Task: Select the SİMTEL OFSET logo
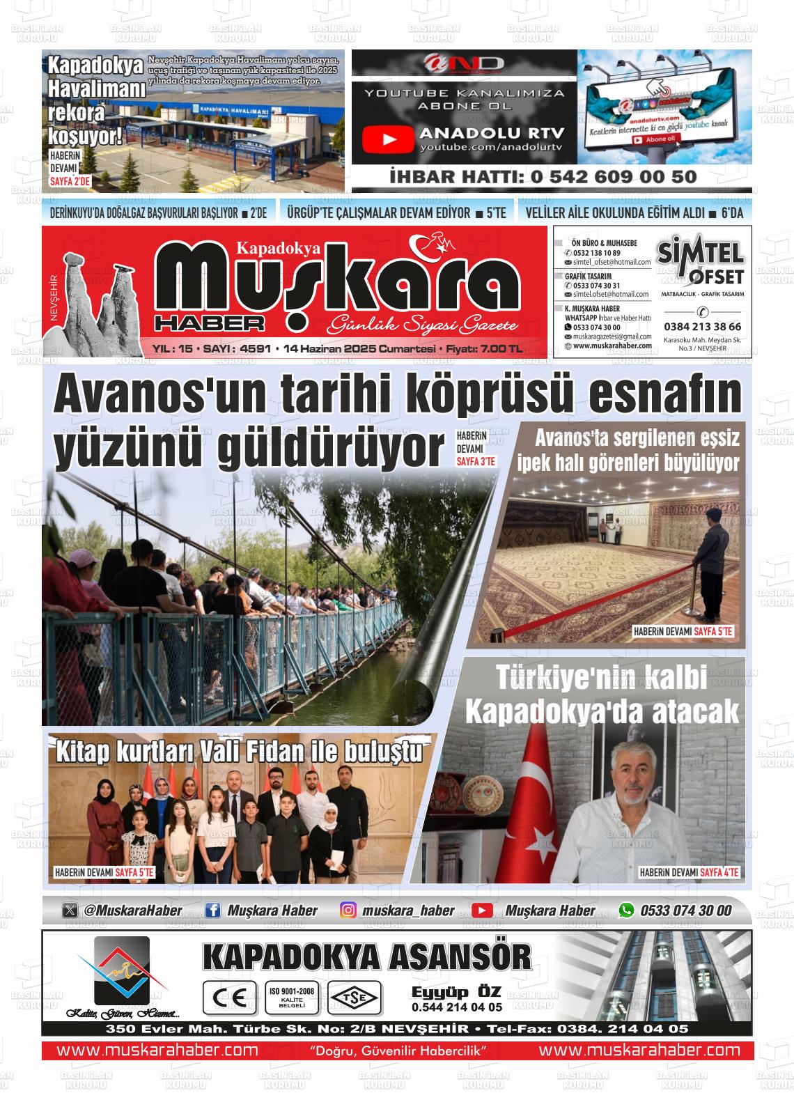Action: coord(701,263)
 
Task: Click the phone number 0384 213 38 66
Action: coord(702,327)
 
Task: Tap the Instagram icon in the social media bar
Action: coord(349,910)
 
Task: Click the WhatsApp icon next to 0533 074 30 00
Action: coord(627,910)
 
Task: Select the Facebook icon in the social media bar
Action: coord(214,910)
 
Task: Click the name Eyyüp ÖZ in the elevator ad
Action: coord(456,992)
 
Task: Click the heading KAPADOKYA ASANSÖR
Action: coord(367,957)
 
